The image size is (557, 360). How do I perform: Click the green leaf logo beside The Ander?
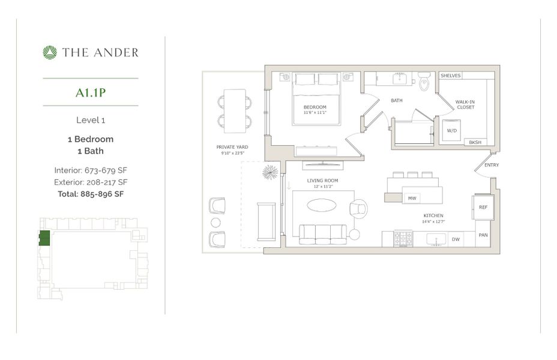point(50,53)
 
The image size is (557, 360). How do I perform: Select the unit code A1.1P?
point(91,92)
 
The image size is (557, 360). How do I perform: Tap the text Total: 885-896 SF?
point(91,194)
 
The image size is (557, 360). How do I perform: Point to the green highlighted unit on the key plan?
point(44,238)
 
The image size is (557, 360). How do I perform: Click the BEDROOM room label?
point(316,106)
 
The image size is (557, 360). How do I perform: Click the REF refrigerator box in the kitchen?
point(483,207)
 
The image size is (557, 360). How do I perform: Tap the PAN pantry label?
point(483,235)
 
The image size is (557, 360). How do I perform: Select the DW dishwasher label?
point(455,239)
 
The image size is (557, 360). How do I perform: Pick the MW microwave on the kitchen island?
point(412,198)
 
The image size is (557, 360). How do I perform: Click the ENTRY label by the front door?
point(491,165)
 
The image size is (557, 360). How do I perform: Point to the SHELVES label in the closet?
point(451,76)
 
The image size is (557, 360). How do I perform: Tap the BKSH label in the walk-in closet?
point(475,143)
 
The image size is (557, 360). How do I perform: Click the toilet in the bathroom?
point(425,82)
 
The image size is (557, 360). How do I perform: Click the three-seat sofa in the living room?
point(322,234)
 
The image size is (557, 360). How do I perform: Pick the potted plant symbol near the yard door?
point(270,173)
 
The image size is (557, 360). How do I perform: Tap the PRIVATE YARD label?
point(232,147)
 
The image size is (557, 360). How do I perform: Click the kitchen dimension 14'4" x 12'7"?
point(433,221)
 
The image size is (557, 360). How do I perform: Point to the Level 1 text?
point(91,120)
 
